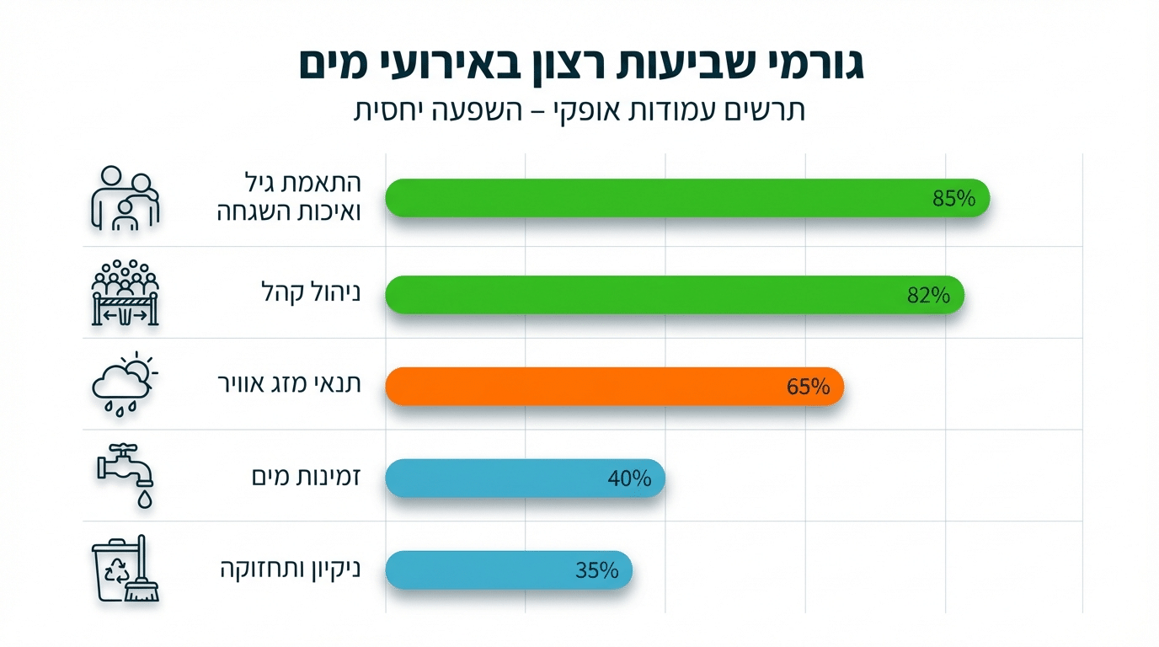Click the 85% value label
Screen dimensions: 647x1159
(953, 199)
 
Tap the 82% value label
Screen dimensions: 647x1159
(929, 296)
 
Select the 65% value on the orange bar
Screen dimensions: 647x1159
(809, 387)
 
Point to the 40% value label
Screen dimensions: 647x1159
(629, 479)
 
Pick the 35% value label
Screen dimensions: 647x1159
(597, 570)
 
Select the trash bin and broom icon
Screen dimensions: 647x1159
(124, 570)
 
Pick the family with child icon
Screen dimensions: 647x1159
(124, 199)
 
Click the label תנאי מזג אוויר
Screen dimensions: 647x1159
(289, 385)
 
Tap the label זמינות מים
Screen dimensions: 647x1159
(306, 478)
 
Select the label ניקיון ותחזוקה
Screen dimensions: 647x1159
(289, 570)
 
